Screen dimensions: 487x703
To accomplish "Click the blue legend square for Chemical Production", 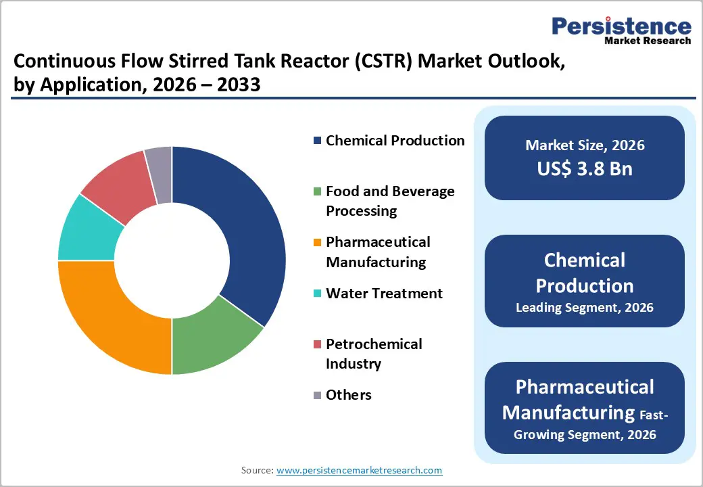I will point(317,141).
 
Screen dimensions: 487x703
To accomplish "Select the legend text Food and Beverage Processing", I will point(390,201).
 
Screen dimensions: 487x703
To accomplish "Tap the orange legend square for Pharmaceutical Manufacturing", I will point(317,242).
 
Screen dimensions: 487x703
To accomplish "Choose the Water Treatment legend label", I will point(384,294).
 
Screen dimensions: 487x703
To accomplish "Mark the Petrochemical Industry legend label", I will point(374,354).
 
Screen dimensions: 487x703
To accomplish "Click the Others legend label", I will point(348,395).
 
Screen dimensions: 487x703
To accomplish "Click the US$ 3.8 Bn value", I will point(585,168).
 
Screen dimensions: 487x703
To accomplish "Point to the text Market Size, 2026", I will point(585,145).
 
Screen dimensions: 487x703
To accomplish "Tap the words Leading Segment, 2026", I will point(585,308).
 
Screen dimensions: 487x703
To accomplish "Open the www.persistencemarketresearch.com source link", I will point(359,469).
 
